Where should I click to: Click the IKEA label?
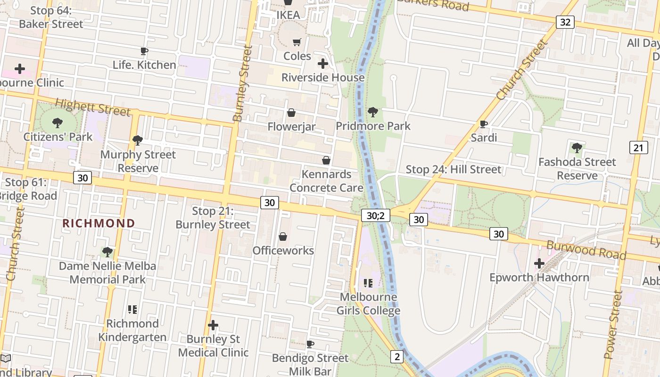[x=288, y=15]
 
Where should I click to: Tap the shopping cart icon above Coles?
[x=297, y=42]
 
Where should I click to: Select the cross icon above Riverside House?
[x=323, y=64]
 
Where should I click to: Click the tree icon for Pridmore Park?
[x=373, y=112]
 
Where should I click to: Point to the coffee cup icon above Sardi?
[x=483, y=124]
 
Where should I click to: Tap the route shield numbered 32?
[x=565, y=22]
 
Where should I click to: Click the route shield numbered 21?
[x=638, y=148]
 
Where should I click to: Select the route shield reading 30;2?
[x=376, y=216]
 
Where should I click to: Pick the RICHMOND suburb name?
[x=99, y=223]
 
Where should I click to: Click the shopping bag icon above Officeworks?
[x=283, y=237]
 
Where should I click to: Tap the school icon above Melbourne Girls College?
[x=368, y=283]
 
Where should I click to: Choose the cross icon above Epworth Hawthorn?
[x=539, y=263]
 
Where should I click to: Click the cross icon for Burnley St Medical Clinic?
[x=213, y=325]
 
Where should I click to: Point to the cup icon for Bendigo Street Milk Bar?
[x=310, y=344]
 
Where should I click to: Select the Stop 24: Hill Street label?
[x=454, y=169]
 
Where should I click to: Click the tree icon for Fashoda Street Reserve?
[x=577, y=148]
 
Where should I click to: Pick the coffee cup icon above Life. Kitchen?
[x=144, y=51]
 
